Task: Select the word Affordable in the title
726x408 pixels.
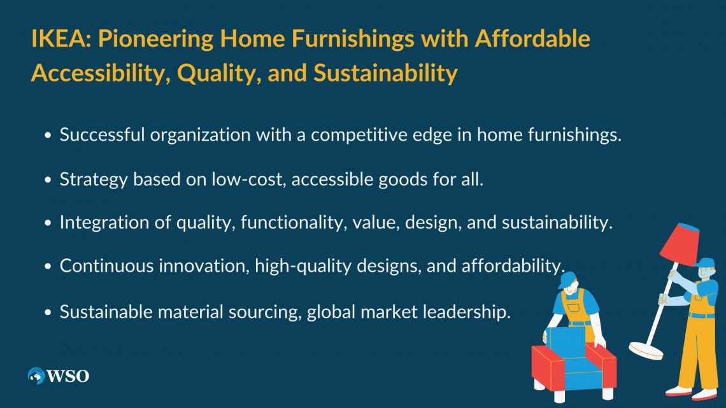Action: click(x=532, y=38)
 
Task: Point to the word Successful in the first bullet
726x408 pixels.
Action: click(x=103, y=134)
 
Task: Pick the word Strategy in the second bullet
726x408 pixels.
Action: click(x=94, y=179)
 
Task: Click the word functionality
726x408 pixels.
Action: click(x=294, y=223)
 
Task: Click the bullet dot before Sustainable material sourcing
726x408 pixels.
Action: click(x=48, y=313)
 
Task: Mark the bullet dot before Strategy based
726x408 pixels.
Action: click(x=48, y=180)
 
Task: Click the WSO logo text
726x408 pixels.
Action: click(x=68, y=376)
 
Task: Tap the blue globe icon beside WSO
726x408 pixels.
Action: click(x=36, y=376)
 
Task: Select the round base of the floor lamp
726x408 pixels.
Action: click(x=646, y=350)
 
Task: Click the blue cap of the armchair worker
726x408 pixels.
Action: click(x=567, y=279)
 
